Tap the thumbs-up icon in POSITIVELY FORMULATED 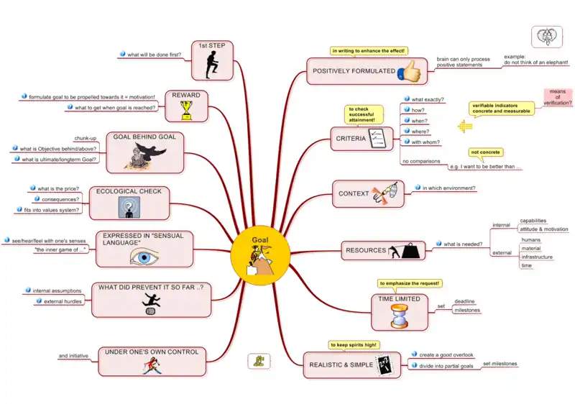(410, 70)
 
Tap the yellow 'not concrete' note (486, 152)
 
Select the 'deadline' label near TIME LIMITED (464, 301)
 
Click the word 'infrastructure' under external (537, 257)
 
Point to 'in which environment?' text (448, 188)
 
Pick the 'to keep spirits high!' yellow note (353, 345)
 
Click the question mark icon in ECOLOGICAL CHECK (129, 207)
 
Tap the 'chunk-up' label (85, 138)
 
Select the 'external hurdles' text (64, 301)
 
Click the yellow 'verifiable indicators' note (502, 109)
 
